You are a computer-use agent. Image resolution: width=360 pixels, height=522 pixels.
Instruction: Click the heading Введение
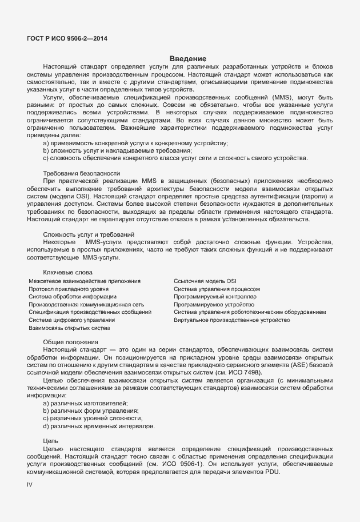[x=187, y=59]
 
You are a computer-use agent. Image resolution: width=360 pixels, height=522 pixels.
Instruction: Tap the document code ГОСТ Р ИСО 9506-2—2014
[x=67, y=39]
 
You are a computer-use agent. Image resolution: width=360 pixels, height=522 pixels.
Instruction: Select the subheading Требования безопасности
[x=82, y=173]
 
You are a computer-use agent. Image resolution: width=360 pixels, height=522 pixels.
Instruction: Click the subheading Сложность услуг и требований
[x=89, y=234]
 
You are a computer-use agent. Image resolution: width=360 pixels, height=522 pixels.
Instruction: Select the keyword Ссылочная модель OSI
[x=205, y=281]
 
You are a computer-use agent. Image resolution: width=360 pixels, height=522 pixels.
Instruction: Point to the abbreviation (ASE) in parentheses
[x=301, y=365]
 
